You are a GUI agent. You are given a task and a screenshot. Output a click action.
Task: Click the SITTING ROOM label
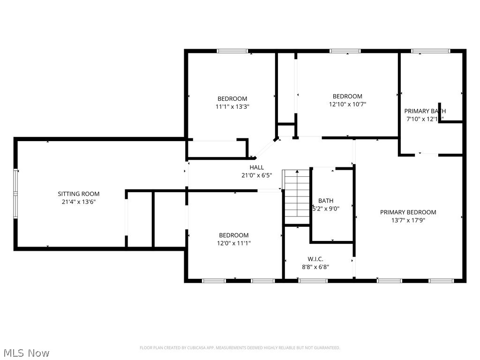(78, 194)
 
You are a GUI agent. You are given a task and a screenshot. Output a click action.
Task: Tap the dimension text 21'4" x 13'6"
(78, 202)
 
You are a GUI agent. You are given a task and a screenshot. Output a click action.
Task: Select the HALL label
(256, 167)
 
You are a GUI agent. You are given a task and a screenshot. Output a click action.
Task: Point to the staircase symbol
(296, 197)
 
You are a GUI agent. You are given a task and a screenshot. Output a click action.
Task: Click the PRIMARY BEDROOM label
(408, 212)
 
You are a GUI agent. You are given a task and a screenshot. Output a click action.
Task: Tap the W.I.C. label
(315, 259)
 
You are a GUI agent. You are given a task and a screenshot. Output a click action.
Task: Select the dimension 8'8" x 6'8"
(315, 267)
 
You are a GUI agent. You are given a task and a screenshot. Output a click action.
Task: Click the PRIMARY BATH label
(425, 111)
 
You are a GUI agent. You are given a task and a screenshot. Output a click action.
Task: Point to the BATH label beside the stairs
(326, 201)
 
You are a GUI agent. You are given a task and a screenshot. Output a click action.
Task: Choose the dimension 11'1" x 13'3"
(232, 106)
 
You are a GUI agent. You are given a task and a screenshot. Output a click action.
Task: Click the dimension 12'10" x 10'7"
(347, 105)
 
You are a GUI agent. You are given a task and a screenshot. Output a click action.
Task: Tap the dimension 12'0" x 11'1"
(233, 243)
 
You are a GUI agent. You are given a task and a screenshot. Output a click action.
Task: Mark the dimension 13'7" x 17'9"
(408, 220)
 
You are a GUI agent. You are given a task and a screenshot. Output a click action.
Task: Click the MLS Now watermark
(26, 352)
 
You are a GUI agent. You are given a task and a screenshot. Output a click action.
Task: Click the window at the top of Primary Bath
(430, 51)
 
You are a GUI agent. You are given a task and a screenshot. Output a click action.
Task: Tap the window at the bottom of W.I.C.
(313, 281)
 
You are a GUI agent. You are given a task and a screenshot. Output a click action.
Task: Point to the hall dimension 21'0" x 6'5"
(256, 175)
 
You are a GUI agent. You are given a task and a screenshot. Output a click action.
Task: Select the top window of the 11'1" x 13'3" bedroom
(232, 51)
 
